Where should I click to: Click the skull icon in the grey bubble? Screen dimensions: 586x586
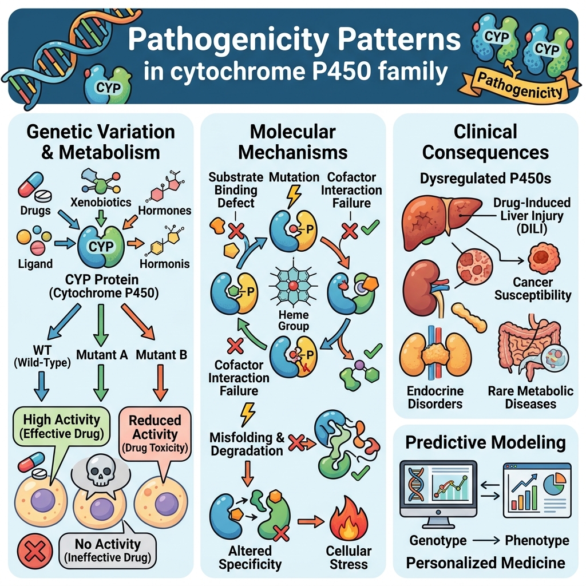pyautogui.click(x=100, y=471)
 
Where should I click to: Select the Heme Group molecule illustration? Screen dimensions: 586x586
pyautogui.click(x=294, y=286)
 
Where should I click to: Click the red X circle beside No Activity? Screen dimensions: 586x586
pyautogui.click(x=35, y=551)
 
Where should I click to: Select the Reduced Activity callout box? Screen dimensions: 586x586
pyautogui.click(x=155, y=434)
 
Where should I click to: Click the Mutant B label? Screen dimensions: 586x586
pyautogui.click(x=161, y=354)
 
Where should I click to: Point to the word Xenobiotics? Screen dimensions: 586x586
pyautogui.click(x=101, y=202)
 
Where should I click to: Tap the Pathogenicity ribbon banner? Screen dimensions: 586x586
pyautogui.click(x=520, y=86)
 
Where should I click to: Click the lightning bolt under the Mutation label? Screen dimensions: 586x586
pyautogui.click(x=294, y=197)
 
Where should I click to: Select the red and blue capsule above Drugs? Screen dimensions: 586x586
pyautogui.click(x=31, y=184)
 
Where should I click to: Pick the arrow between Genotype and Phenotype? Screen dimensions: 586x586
pyautogui.click(x=486, y=540)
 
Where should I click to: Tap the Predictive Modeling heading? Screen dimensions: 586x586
pyautogui.click(x=485, y=442)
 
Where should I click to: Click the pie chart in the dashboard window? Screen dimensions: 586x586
pyautogui.click(x=555, y=483)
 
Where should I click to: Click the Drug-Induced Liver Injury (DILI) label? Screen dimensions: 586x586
pyautogui.click(x=532, y=216)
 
